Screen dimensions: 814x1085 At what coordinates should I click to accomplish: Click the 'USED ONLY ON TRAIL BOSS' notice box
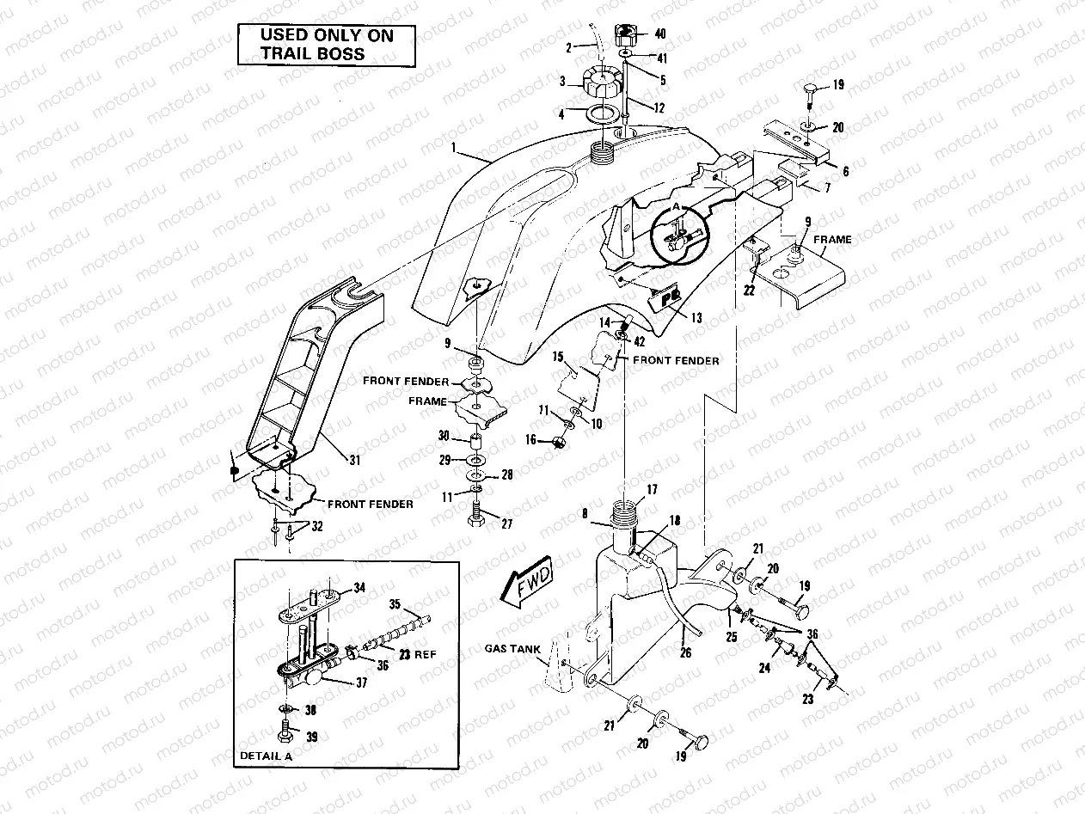coord(326,46)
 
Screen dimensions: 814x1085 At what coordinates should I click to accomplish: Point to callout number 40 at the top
coord(659,35)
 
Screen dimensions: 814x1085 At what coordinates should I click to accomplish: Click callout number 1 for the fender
coord(452,148)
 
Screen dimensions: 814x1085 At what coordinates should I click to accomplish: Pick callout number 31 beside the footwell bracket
coord(354,461)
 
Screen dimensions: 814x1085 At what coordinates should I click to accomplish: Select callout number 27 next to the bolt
coord(506,523)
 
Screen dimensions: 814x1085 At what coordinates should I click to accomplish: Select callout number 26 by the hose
coord(685,652)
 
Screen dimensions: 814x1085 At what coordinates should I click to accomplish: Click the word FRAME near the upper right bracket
coord(832,240)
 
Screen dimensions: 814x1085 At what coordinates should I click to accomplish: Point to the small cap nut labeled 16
coord(559,442)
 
